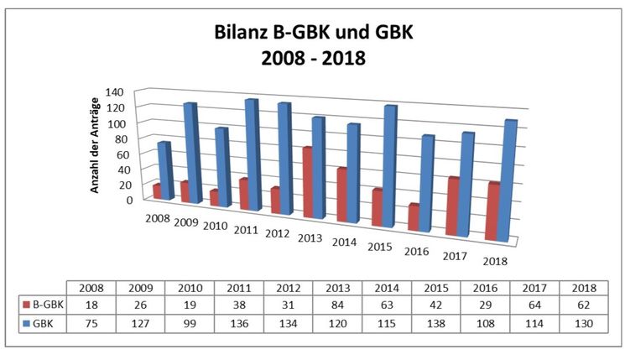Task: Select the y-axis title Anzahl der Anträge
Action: point(96,145)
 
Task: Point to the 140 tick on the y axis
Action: point(116,92)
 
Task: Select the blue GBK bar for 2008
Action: point(164,171)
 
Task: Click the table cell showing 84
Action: point(338,305)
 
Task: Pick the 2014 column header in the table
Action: point(388,287)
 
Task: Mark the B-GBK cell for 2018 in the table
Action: point(586,305)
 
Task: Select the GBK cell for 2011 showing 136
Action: point(239,322)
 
